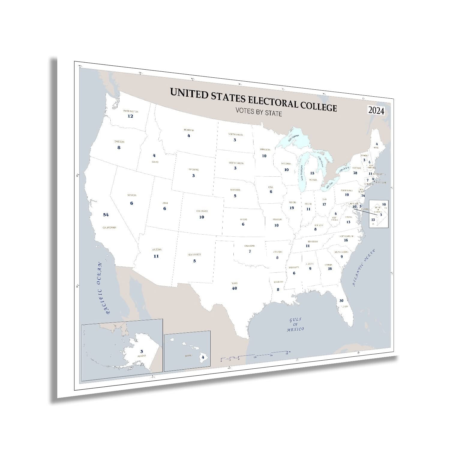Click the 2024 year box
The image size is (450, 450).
[x=376, y=111]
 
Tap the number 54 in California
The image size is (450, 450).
[x=106, y=214]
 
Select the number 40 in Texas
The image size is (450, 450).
[x=234, y=288]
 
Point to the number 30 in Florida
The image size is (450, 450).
[x=341, y=300]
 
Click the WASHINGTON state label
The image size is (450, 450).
[x=130, y=111]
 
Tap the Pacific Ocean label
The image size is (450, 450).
[x=103, y=288]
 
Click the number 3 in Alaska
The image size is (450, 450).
[x=142, y=351]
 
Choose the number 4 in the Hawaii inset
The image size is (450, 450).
[x=203, y=357]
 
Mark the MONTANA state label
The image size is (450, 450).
[x=189, y=130]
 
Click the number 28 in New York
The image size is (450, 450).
[x=355, y=173]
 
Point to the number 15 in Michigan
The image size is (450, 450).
[x=312, y=173]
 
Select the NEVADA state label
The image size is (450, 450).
[x=131, y=195]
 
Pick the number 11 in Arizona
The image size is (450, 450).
[x=156, y=256]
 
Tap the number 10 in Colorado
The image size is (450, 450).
[x=202, y=217]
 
